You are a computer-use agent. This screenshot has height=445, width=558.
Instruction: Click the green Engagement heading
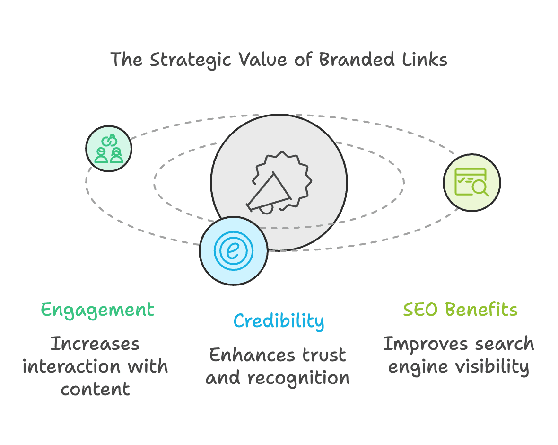(97, 310)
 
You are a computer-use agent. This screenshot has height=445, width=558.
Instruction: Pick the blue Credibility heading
(279, 321)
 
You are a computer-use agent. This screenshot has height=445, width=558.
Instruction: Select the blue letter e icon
(233, 250)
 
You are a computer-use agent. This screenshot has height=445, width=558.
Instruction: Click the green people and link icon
(109, 149)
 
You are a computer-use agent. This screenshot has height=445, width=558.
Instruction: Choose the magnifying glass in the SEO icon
(480, 188)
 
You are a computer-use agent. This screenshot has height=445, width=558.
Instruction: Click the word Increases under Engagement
(96, 344)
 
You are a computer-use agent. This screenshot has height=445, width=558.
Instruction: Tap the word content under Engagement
(96, 389)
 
